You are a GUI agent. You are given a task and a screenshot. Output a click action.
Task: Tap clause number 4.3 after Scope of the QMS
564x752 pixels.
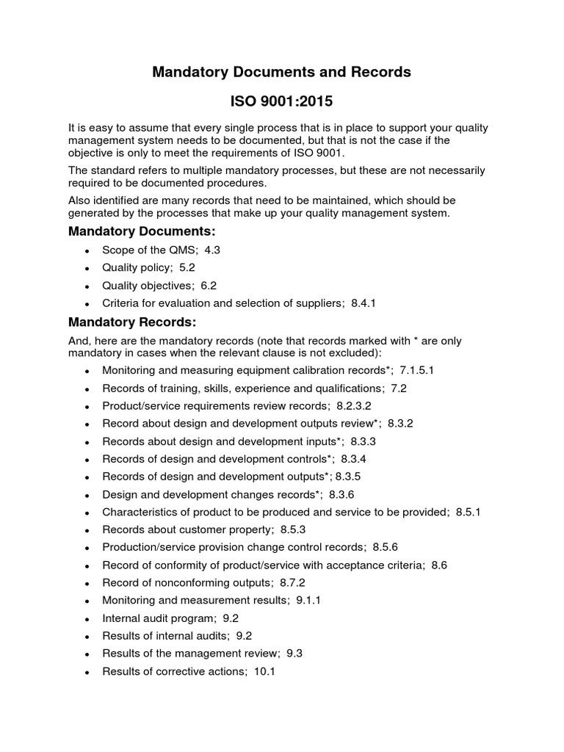tap(212, 250)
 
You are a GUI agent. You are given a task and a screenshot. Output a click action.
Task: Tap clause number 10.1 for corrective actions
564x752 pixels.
tap(264, 671)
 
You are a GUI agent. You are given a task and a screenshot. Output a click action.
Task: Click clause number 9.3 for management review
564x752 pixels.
tap(294, 654)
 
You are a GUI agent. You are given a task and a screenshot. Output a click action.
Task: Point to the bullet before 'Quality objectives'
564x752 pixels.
tap(87, 286)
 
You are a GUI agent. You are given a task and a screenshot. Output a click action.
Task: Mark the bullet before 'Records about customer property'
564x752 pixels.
tap(87, 530)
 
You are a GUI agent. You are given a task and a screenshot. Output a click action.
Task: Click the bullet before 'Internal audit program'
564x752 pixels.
tap(87, 618)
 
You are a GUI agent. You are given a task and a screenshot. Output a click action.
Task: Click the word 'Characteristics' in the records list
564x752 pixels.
tap(138, 512)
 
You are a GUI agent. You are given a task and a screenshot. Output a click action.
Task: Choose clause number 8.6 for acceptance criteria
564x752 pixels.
tap(440, 565)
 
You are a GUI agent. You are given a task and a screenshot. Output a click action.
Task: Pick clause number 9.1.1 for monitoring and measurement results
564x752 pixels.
tap(309, 600)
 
